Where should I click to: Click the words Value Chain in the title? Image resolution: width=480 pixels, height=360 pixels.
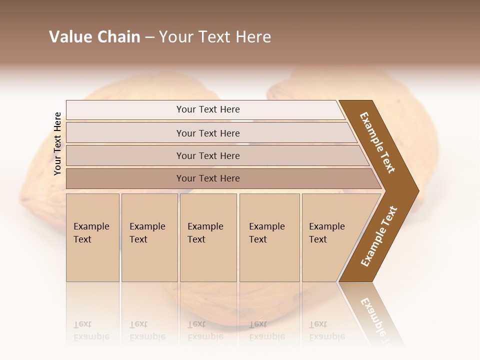[x=94, y=37]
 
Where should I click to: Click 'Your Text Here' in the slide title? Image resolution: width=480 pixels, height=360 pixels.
[x=215, y=37]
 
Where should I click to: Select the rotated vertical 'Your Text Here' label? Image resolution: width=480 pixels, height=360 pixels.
[x=57, y=144]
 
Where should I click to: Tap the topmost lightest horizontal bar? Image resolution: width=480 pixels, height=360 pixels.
[x=208, y=109]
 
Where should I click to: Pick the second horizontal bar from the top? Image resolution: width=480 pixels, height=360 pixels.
[x=208, y=133]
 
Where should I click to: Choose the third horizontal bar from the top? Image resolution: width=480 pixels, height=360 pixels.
[x=208, y=155]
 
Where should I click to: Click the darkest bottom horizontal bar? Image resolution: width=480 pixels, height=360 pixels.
[x=208, y=178]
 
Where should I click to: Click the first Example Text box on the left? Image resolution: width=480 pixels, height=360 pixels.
[x=92, y=237]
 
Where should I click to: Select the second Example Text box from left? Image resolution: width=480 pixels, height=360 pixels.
[x=149, y=237]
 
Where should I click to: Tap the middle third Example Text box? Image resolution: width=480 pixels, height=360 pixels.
[x=208, y=237]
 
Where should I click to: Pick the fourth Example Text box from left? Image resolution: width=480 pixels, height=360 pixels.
[x=269, y=237]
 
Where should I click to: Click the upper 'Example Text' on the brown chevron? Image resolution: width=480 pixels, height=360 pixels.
[x=377, y=142]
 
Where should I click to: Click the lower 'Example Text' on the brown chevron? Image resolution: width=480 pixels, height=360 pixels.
[x=379, y=236]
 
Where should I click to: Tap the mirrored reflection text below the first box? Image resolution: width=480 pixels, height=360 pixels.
[x=91, y=330]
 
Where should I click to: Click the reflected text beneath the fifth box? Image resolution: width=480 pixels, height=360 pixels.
[x=326, y=330]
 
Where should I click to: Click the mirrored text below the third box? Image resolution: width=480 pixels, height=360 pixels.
[x=205, y=330]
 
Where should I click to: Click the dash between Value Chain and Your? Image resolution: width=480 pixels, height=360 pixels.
[x=149, y=37]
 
